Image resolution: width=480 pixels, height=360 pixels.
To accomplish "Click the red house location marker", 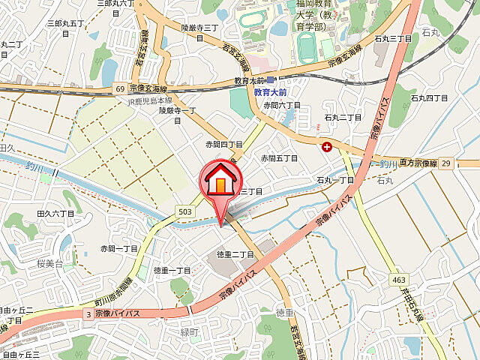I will (x=220, y=181).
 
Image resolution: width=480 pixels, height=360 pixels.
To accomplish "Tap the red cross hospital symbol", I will (x=327, y=147).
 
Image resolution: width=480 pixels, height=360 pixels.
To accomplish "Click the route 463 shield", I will (x=399, y=280).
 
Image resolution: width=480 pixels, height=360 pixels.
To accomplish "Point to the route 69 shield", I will (x=120, y=89).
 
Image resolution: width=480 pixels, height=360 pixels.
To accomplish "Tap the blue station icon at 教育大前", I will (x=271, y=80).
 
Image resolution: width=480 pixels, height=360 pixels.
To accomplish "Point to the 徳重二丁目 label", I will (x=236, y=254).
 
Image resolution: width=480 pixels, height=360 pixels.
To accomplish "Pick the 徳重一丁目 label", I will (x=172, y=270).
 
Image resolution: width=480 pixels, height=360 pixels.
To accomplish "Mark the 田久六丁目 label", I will (x=55, y=214).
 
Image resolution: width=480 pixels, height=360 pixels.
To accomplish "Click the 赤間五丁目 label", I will (x=279, y=158).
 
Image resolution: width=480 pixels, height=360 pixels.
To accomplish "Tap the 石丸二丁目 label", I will (x=343, y=118).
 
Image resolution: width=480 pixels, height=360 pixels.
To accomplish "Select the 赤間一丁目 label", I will (x=119, y=248).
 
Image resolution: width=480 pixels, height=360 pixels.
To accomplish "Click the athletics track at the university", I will (x=306, y=47).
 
